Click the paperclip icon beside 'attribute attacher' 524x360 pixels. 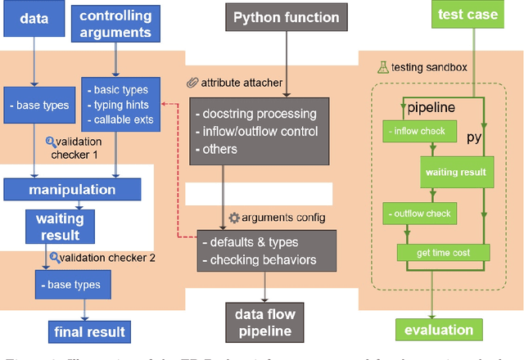192,82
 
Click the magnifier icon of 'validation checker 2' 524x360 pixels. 53,257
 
